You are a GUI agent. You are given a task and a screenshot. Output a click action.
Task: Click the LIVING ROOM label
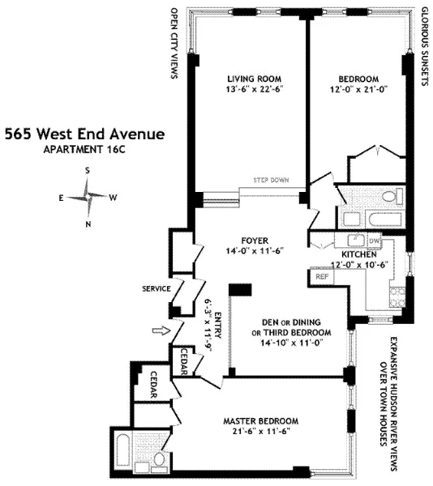[254, 79]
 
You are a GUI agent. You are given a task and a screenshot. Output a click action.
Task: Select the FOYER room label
[254, 240]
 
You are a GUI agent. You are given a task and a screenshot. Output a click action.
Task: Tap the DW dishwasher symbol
[374, 241]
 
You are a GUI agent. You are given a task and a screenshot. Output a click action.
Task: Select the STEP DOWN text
[272, 181]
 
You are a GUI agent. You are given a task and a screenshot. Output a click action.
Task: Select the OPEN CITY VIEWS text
[173, 45]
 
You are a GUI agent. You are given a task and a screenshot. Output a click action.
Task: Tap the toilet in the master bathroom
[160, 460]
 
